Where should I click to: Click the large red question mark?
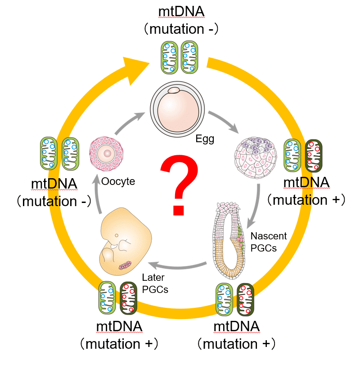[179, 184]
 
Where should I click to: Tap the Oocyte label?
[118, 181]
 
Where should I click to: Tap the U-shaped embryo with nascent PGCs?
[229, 241]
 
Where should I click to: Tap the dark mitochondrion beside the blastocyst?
[314, 156]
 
